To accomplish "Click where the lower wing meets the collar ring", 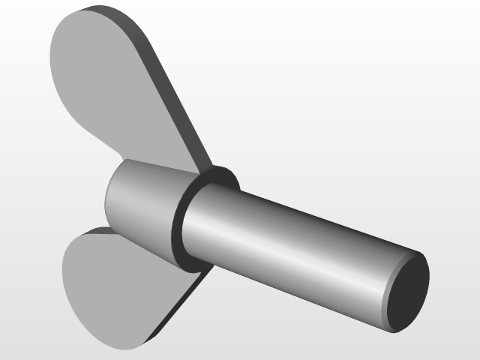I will point(196,271).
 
